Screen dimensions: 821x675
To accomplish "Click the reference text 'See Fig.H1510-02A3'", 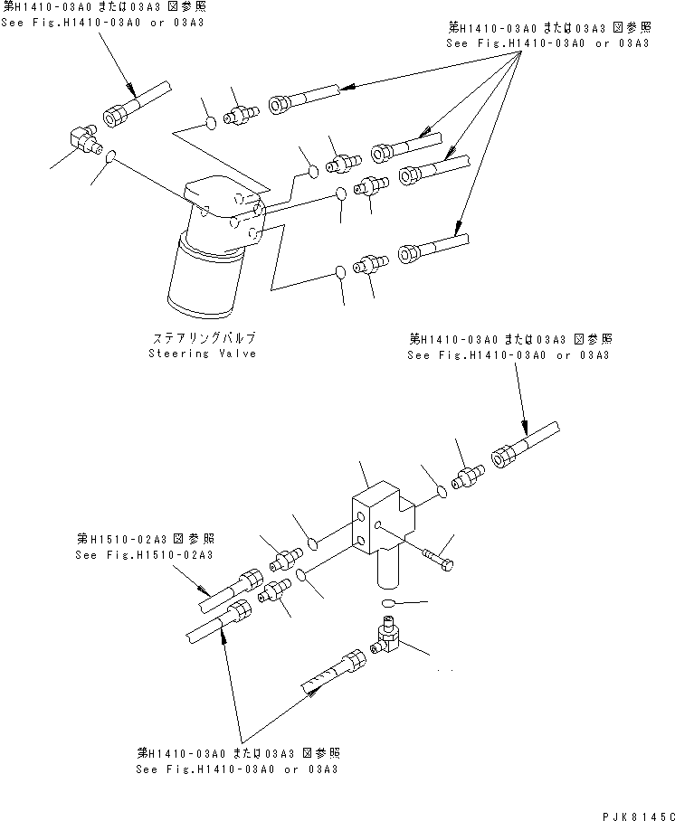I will coord(145,554).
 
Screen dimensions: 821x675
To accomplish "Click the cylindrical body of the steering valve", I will coord(203,280).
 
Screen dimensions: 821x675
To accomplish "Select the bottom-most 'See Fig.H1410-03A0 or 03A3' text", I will coord(236,769).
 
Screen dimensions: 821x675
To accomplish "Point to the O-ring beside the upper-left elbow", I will coord(110,158).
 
